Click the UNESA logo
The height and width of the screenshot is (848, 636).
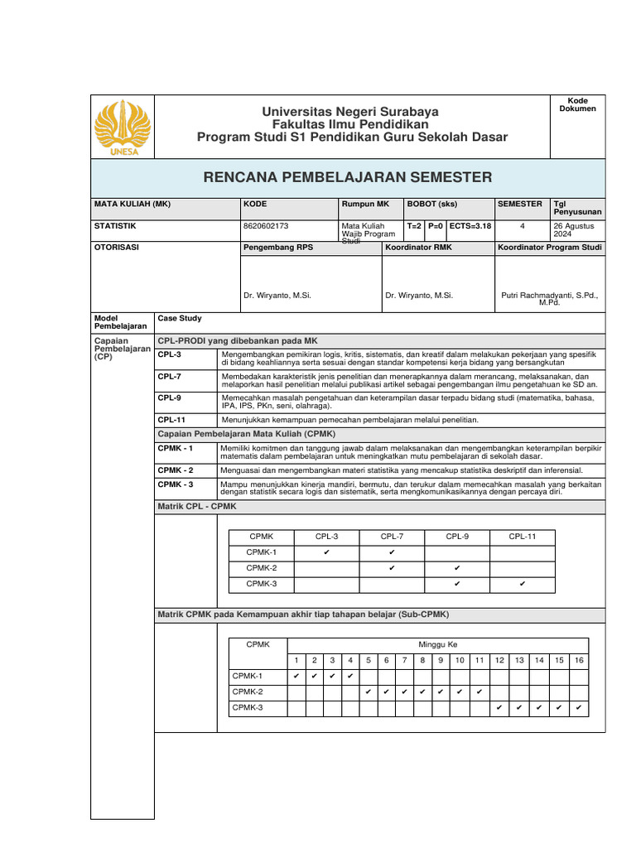coord(122,127)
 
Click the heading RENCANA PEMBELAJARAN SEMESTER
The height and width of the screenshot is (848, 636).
coord(347,177)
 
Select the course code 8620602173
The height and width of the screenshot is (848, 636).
coord(267,225)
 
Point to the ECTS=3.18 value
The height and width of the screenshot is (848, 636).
coord(470,225)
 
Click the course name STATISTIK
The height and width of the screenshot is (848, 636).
coord(115,225)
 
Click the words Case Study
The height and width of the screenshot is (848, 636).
coord(180,318)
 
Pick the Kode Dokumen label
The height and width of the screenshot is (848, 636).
coord(577,104)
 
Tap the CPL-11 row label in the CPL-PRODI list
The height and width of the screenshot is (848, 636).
coord(171,420)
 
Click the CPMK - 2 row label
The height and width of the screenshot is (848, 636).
coord(176,470)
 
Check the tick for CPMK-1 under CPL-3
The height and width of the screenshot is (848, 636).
coord(327,552)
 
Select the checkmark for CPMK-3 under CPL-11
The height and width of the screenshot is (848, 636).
coord(523,584)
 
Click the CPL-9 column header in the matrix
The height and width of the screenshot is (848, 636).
coord(457,537)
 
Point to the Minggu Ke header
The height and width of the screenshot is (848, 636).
coord(437,644)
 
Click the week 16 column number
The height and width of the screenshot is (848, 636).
coord(579,660)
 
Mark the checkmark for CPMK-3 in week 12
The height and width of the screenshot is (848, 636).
coord(499,707)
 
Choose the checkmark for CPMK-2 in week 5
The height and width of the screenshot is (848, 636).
coord(368,691)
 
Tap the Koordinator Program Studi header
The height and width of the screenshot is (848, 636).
coord(549,248)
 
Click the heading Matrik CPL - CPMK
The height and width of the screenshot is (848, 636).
coord(197,506)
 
